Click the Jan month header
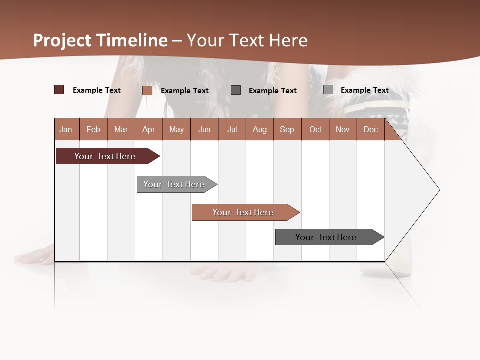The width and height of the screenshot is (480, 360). tap(66, 130)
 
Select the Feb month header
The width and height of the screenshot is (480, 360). tap(93, 130)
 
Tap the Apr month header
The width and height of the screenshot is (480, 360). tap(149, 130)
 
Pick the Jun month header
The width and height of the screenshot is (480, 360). tap(204, 130)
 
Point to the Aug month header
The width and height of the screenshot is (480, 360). tap(260, 130)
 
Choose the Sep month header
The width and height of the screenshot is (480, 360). tap(287, 130)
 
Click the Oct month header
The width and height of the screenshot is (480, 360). tap(315, 130)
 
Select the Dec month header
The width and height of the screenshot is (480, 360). tap(371, 130)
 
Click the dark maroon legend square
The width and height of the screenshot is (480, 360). tap(59, 90)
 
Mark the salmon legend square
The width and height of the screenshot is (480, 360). tap(147, 90)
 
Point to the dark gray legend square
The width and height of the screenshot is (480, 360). tap(236, 90)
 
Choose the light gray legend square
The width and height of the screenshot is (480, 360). tap(328, 90)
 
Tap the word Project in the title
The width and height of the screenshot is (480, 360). tap(63, 40)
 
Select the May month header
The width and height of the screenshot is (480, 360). tap(176, 130)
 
